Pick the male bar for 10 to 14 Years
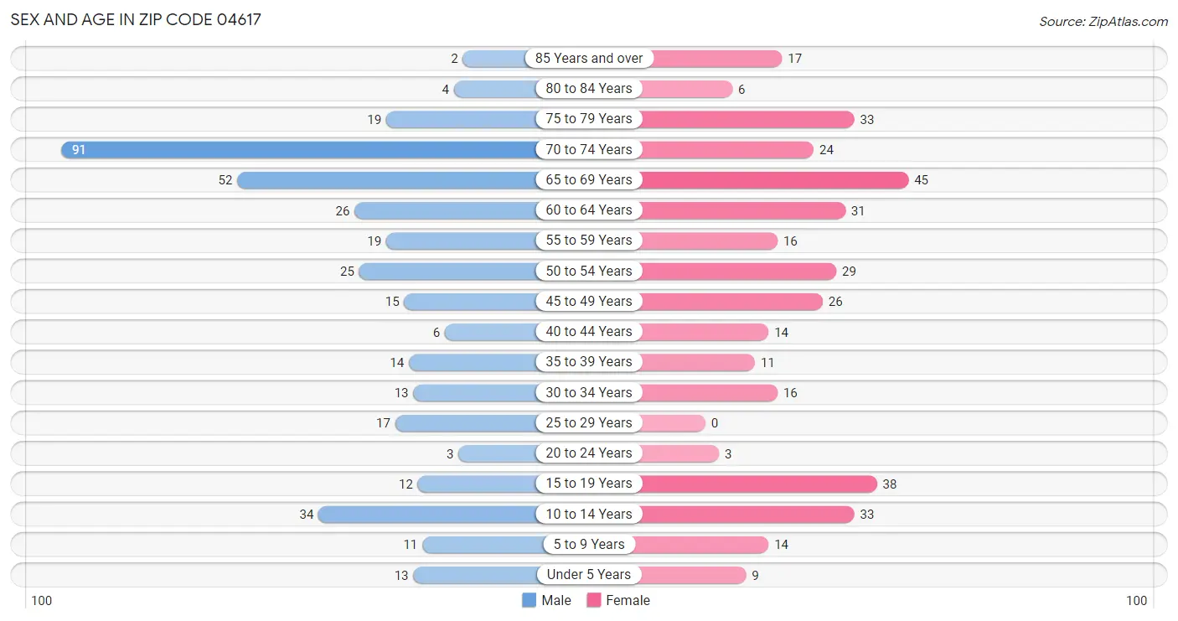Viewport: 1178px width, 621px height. (x=427, y=514)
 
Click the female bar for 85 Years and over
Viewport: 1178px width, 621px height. (x=711, y=59)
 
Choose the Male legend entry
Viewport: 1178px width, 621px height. (x=546, y=600)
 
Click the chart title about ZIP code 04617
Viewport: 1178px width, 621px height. (x=137, y=19)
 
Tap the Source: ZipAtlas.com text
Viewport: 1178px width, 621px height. (x=1103, y=21)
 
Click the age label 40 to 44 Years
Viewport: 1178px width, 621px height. (x=589, y=332)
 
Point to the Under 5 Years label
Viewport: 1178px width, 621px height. (x=589, y=575)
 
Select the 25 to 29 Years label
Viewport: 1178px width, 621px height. (x=589, y=422)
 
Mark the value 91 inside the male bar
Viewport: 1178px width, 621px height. (x=79, y=150)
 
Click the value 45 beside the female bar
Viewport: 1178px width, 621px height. (x=921, y=180)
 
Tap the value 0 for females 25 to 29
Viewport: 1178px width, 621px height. (x=714, y=423)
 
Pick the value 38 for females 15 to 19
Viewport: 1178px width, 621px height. (x=889, y=484)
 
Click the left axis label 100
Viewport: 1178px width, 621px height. (x=42, y=600)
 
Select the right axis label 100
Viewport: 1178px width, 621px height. (x=1136, y=600)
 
